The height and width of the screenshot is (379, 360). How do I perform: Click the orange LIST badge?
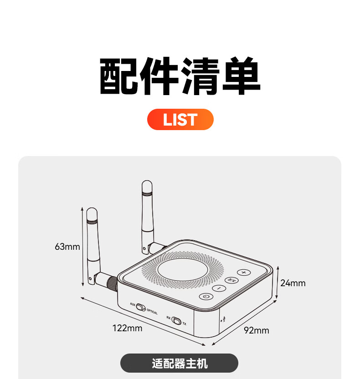coord(180,120)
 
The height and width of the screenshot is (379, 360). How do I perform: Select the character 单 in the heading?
coord(240,76)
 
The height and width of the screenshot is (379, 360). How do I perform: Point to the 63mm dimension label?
coord(67,247)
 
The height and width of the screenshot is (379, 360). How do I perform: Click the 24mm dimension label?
coord(293,283)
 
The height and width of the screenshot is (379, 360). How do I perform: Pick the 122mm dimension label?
coord(127,328)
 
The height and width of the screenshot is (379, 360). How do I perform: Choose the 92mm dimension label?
coord(256,330)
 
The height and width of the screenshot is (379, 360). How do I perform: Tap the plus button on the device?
coord(243,273)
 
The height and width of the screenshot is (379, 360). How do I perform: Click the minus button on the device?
coord(219,288)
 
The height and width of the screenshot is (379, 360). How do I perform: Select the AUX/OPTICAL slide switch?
coord(141,308)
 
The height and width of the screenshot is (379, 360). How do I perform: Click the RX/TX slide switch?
coord(176,321)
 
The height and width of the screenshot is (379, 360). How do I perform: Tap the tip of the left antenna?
coord(92,212)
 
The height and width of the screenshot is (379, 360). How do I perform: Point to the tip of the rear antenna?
coord(147,184)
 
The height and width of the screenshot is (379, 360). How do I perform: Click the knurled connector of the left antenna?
coord(111,283)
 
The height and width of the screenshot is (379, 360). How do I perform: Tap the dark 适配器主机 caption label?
coord(180,364)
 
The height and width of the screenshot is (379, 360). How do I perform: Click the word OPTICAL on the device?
coord(152,312)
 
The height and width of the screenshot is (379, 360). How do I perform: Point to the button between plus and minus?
coord(232,280)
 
